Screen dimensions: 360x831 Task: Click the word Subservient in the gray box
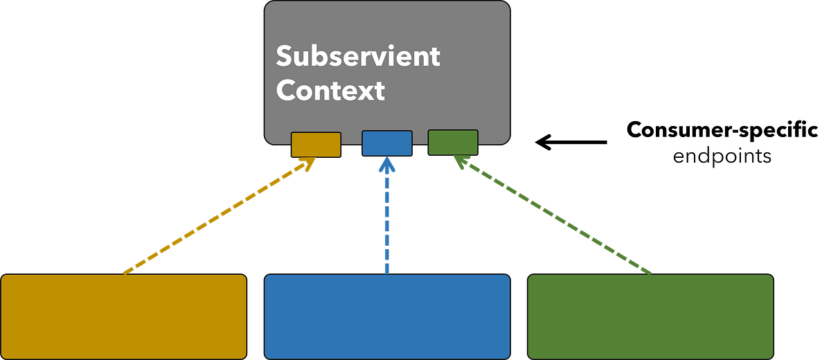358,56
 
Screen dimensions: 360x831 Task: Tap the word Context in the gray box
330,91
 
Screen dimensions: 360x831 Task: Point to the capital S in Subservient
284,56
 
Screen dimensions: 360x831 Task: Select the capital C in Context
286,91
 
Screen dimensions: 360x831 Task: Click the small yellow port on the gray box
316,145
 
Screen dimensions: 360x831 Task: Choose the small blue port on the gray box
387,144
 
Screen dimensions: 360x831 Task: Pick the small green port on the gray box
453,143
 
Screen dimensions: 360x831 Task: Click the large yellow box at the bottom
124,316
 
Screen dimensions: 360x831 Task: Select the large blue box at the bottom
387,316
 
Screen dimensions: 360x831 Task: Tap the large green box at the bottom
650,316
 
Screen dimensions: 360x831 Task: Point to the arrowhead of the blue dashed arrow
387,168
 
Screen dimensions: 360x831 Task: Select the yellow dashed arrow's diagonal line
215,219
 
